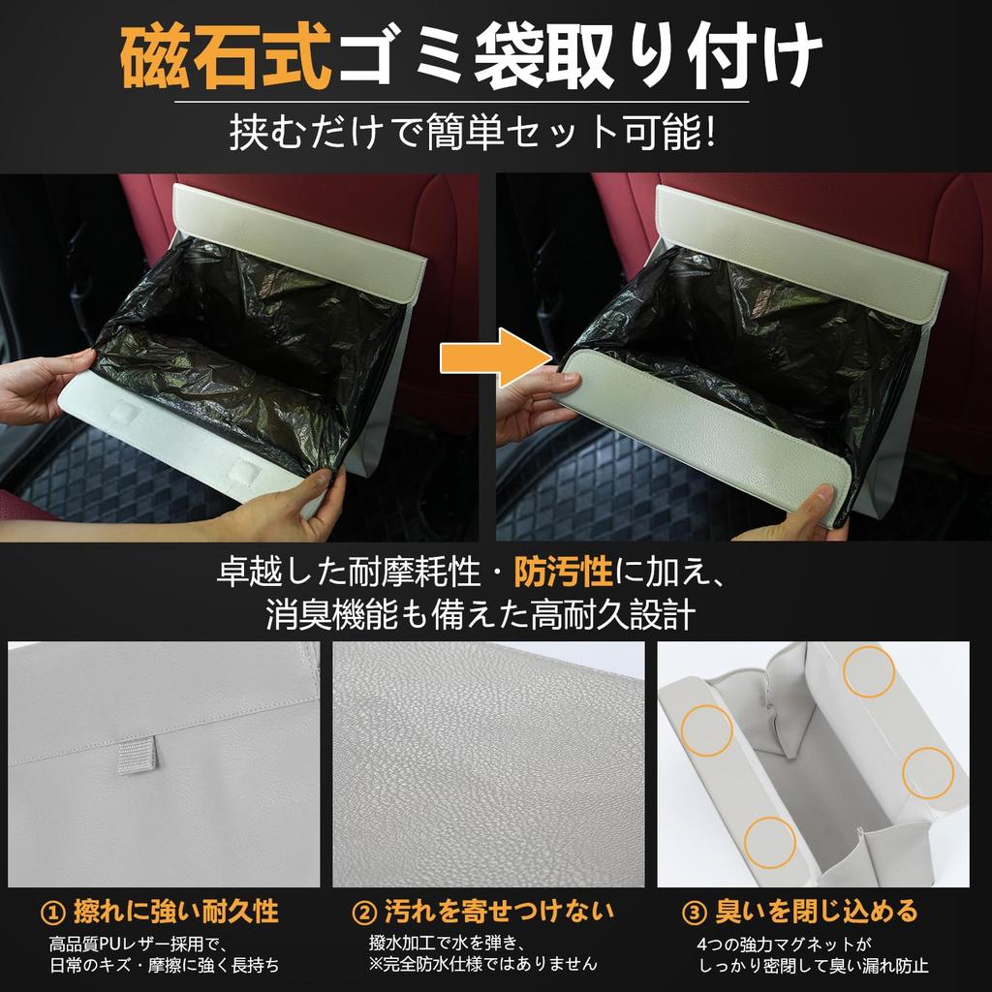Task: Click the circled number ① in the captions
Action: [53, 912]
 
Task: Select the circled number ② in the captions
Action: [363, 912]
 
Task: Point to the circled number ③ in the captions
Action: [695, 912]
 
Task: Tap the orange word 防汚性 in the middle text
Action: [563, 573]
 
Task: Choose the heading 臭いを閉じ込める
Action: [817, 912]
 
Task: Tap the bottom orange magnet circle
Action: [769, 842]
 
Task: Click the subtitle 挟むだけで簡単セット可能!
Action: [473, 133]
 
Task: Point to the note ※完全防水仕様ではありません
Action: [481, 964]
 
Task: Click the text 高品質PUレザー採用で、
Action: [137, 943]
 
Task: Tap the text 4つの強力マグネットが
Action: [784, 943]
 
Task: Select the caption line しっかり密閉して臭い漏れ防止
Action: [813, 965]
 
